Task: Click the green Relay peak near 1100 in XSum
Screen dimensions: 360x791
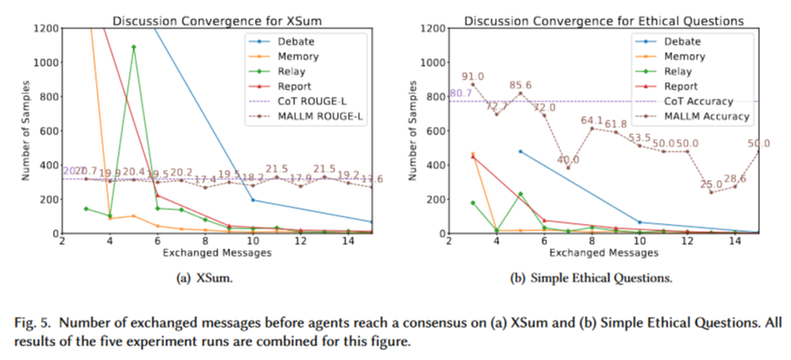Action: click(x=133, y=47)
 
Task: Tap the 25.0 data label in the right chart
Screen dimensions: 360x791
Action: click(x=711, y=185)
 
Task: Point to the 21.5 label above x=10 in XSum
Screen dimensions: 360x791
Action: click(x=276, y=169)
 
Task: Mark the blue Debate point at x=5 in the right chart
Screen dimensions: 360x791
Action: click(x=521, y=152)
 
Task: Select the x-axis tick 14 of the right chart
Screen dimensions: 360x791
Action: click(x=735, y=241)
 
